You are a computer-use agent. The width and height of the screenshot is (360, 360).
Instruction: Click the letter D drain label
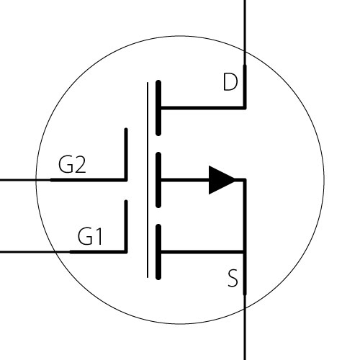click(x=230, y=82)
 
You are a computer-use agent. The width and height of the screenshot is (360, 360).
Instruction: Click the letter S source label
click(x=233, y=278)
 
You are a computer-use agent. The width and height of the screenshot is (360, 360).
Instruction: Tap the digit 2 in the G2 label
click(x=79, y=164)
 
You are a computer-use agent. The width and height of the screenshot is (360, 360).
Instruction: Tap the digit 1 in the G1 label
click(x=99, y=236)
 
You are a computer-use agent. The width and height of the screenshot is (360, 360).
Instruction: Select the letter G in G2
click(x=66, y=164)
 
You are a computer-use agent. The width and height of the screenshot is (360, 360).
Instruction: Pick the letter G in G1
click(x=85, y=236)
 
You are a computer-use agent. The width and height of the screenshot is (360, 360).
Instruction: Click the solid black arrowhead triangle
click(x=222, y=180)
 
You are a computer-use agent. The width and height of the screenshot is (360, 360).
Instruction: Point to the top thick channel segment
click(x=158, y=108)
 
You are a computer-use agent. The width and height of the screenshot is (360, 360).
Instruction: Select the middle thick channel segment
click(x=158, y=180)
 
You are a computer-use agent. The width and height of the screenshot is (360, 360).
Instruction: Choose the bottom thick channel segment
click(x=158, y=252)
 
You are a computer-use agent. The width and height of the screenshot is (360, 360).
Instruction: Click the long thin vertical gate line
click(x=148, y=180)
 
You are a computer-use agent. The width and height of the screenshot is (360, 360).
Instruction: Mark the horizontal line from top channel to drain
click(x=203, y=108)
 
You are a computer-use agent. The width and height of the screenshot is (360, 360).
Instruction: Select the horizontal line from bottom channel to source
click(x=202, y=252)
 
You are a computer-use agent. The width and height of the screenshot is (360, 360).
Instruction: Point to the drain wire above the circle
click(x=245, y=25)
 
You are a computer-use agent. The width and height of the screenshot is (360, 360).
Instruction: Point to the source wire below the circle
click(x=245, y=334)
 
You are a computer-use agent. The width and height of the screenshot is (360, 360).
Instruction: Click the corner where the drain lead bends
click(x=245, y=108)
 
